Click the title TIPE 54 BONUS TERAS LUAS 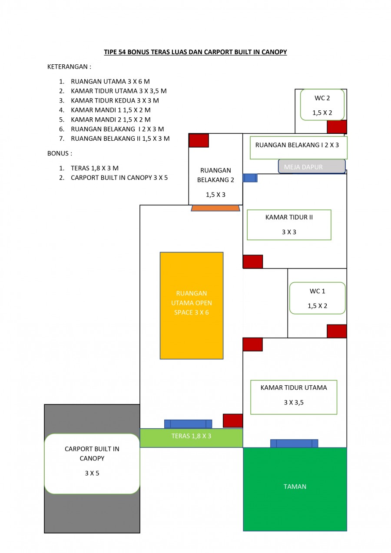pyautogui.click(x=195, y=52)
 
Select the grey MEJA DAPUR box pyautogui.click(x=311, y=166)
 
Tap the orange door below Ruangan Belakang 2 pyautogui.click(x=215, y=208)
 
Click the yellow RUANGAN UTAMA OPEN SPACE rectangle pyautogui.click(x=191, y=305)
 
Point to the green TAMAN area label pyautogui.click(x=295, y=487)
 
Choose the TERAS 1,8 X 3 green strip pyautogui.click(x=191, y=437)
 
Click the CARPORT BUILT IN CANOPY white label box pyautogui.click(x=92, y=464)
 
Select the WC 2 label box pyautogui.click(x=322, y=105)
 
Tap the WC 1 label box pyautogui.click(x=317, y=298)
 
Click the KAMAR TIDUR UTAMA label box pyautogui.click(x=294, y=397)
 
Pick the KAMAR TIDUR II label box pyautogui.click(x=289, y=225)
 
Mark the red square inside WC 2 pyautogui.click(x=337, y=127)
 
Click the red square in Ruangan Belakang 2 pyautogui.click(x=199, y=140)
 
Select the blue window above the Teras pyautogui.click(x=188, y=424)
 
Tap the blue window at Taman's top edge pyautogui.click(x=294, y=444)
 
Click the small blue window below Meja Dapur pyautogui.click(x=250, y=178)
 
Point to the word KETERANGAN pyautogui.click(x=69, y=67)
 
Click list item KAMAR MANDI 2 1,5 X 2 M pyautogui.click(x=110, y=119)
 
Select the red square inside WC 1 pyautogui.click(x=337, y=331)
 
